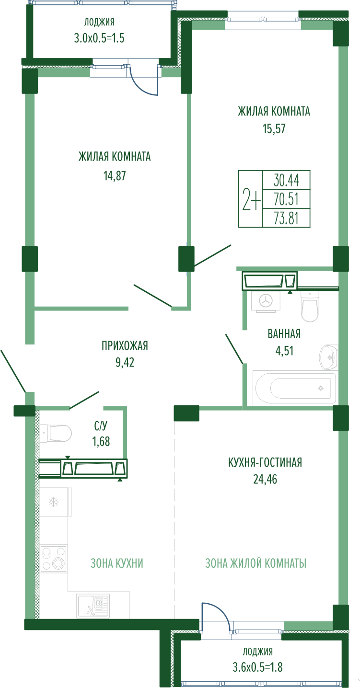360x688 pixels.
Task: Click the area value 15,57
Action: click(274, 128)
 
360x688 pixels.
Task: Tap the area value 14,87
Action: click(115, 176)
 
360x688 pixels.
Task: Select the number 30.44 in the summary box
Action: click(286, 180)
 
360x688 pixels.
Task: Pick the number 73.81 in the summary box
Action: click(286, 218)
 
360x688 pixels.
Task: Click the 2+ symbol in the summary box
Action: click(251, 199)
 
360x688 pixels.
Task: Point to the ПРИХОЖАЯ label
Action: click(125, 346)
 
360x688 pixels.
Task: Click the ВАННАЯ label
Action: click(284, 334)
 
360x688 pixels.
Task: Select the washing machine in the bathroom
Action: click(266, 301)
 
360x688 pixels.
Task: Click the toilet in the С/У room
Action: click(56, 434)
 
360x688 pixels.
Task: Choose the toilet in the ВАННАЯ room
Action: click(310, 306)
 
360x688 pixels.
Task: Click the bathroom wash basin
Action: click(328, 357)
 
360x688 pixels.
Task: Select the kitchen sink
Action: click(93, 606)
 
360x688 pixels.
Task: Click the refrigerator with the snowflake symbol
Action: click(55, 503)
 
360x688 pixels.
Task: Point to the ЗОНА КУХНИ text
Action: click(117, 563)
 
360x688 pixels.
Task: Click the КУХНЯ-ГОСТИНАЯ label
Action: click(265, 462)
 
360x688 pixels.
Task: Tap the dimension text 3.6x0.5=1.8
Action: click(257, 667)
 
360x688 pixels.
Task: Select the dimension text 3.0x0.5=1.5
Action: click(99, 38)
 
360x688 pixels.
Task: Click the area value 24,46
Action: click(265, 479)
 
